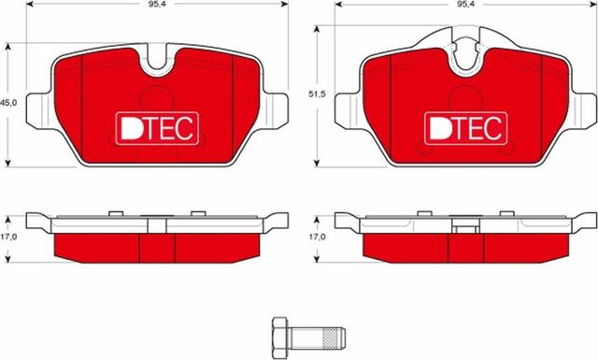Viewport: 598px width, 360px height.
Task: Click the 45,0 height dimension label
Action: [9, 102]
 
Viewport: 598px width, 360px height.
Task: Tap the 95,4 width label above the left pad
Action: [153, 6]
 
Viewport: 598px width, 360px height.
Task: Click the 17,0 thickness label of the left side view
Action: [9, 237]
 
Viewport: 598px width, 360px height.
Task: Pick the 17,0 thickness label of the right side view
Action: [319, 237]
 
